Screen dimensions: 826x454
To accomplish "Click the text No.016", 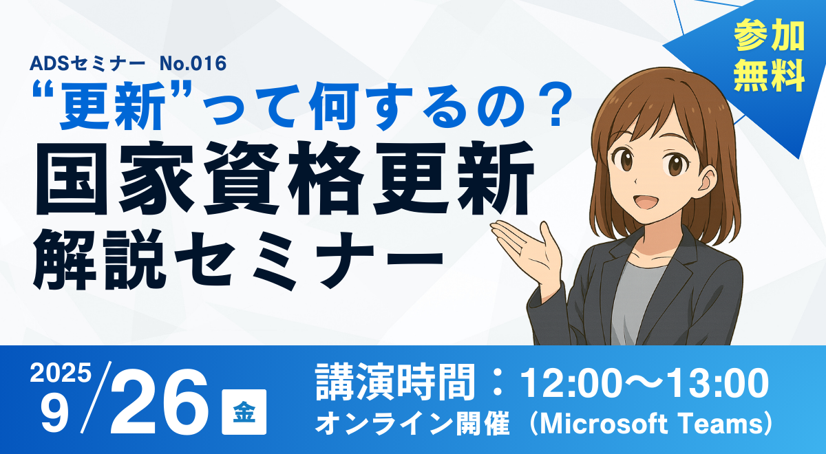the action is (193, 63).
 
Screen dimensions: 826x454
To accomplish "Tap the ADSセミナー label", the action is (87, 63).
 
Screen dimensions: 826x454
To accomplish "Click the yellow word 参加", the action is (769, 36).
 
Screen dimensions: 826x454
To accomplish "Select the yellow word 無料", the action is (769, 76).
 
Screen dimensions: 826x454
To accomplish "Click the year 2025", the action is (61, 372).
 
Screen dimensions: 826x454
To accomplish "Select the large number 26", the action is (159, 402).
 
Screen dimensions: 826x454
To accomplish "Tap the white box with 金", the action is (244, 411).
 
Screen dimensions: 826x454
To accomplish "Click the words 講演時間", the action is (395, 382).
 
